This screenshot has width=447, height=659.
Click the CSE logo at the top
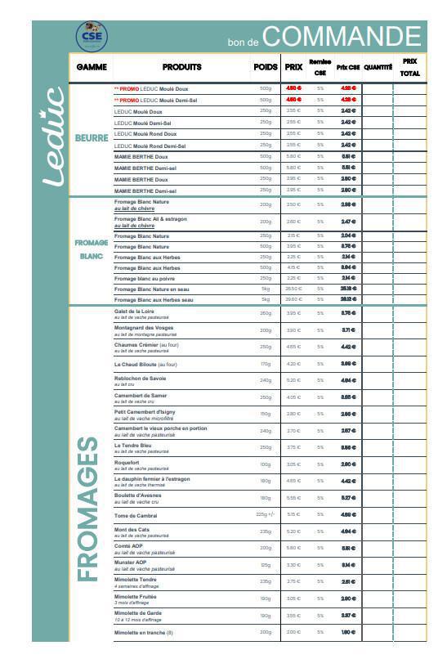(x=92, y=35)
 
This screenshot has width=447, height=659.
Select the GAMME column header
(x=92, y=67)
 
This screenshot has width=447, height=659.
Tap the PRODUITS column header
(x=181, y=67)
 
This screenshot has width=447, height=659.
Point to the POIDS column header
(x=266, y=67)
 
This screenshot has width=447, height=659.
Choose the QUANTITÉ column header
(x=378, y=67)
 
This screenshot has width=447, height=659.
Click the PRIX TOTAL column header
(x=409, y=67)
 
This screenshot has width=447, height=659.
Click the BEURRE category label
(x=92, y=138)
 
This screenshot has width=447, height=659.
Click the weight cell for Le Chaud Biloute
(x=266, y=364)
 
